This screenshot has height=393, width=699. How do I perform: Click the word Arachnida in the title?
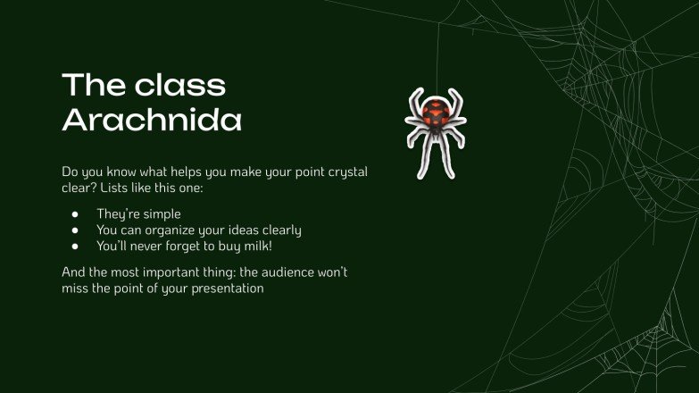[x=152, y=120]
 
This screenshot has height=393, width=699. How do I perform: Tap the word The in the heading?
[x=87, y=86]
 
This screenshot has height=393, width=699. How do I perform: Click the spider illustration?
[x=436, y=131]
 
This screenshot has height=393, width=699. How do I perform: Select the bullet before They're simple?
[x=76, y=214]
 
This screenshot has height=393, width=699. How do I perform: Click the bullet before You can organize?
[x=76, y=230]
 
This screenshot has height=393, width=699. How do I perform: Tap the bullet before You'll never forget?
[x=76, y=245]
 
